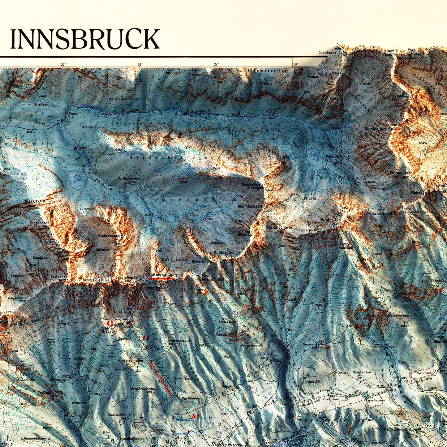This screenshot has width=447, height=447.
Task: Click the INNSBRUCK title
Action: click(x=85, y=39)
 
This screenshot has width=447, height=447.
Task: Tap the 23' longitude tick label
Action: click(x=140, y=65)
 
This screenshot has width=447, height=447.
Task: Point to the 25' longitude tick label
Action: click(x=295, y=64)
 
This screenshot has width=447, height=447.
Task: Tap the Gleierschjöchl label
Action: click(x=213, y=279)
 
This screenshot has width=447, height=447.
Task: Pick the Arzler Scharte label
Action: click(x=279, y=227)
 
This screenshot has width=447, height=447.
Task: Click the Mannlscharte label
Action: click(x=250, y=206)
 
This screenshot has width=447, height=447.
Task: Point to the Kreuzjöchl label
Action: click(x=382, y=213)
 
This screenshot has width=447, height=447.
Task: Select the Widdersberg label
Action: click(x=35, y=200)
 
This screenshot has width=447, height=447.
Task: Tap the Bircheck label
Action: click(x=41, y=105)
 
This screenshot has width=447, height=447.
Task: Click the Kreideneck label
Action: click(x=91, y=127)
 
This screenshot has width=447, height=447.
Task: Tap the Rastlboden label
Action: click(x=191, y=398)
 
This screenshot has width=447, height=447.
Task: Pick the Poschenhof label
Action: click(x=361, y=373)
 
